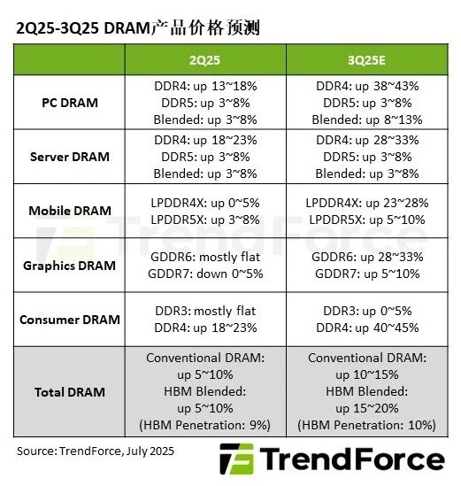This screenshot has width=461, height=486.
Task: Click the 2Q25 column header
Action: coord(205,59)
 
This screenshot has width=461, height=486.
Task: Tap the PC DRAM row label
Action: coord(70,103)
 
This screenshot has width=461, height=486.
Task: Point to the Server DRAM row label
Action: coord(70,157)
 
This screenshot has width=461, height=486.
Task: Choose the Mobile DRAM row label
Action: coord(70,211)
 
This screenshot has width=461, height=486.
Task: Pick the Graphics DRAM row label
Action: coord(70,265)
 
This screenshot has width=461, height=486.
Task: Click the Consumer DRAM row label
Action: coord(70,319)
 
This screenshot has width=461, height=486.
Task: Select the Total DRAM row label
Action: coord(70,391)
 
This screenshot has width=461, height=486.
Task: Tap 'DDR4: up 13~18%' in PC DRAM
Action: coord(205,87)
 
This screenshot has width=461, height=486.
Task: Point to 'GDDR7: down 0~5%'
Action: coord(205,274)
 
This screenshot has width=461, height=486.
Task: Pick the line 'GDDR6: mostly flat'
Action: coord(205,257)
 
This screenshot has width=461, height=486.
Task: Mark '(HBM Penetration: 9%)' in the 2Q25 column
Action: coord(205,425)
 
